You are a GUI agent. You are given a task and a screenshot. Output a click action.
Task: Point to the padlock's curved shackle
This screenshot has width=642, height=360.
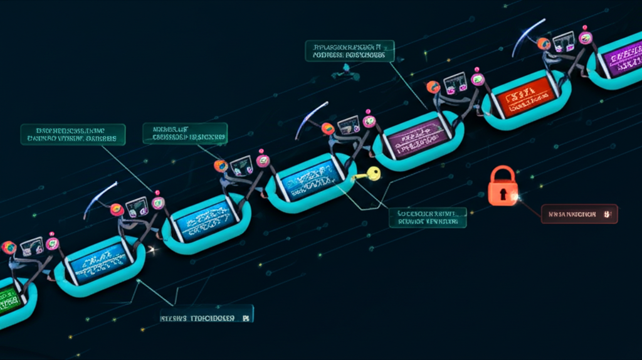pos(503,174)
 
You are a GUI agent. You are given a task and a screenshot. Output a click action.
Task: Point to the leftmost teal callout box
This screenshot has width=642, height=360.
pos(73,134)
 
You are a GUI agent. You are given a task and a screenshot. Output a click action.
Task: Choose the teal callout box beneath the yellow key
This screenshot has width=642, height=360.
pos(427,217)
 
